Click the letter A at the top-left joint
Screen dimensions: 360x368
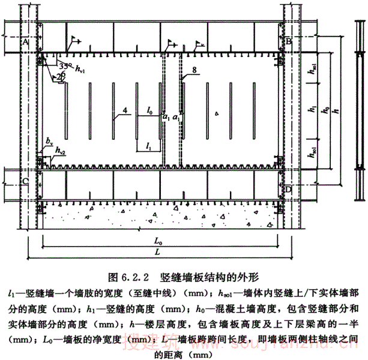pos(26,43)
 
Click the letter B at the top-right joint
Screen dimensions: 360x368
pos(289,41)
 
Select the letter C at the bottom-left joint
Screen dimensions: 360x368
pos(25,179)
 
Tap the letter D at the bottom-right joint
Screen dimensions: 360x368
pos(289,189)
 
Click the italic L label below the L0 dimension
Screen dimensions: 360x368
pos(157,253)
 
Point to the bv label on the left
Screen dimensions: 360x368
pos(48,140)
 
